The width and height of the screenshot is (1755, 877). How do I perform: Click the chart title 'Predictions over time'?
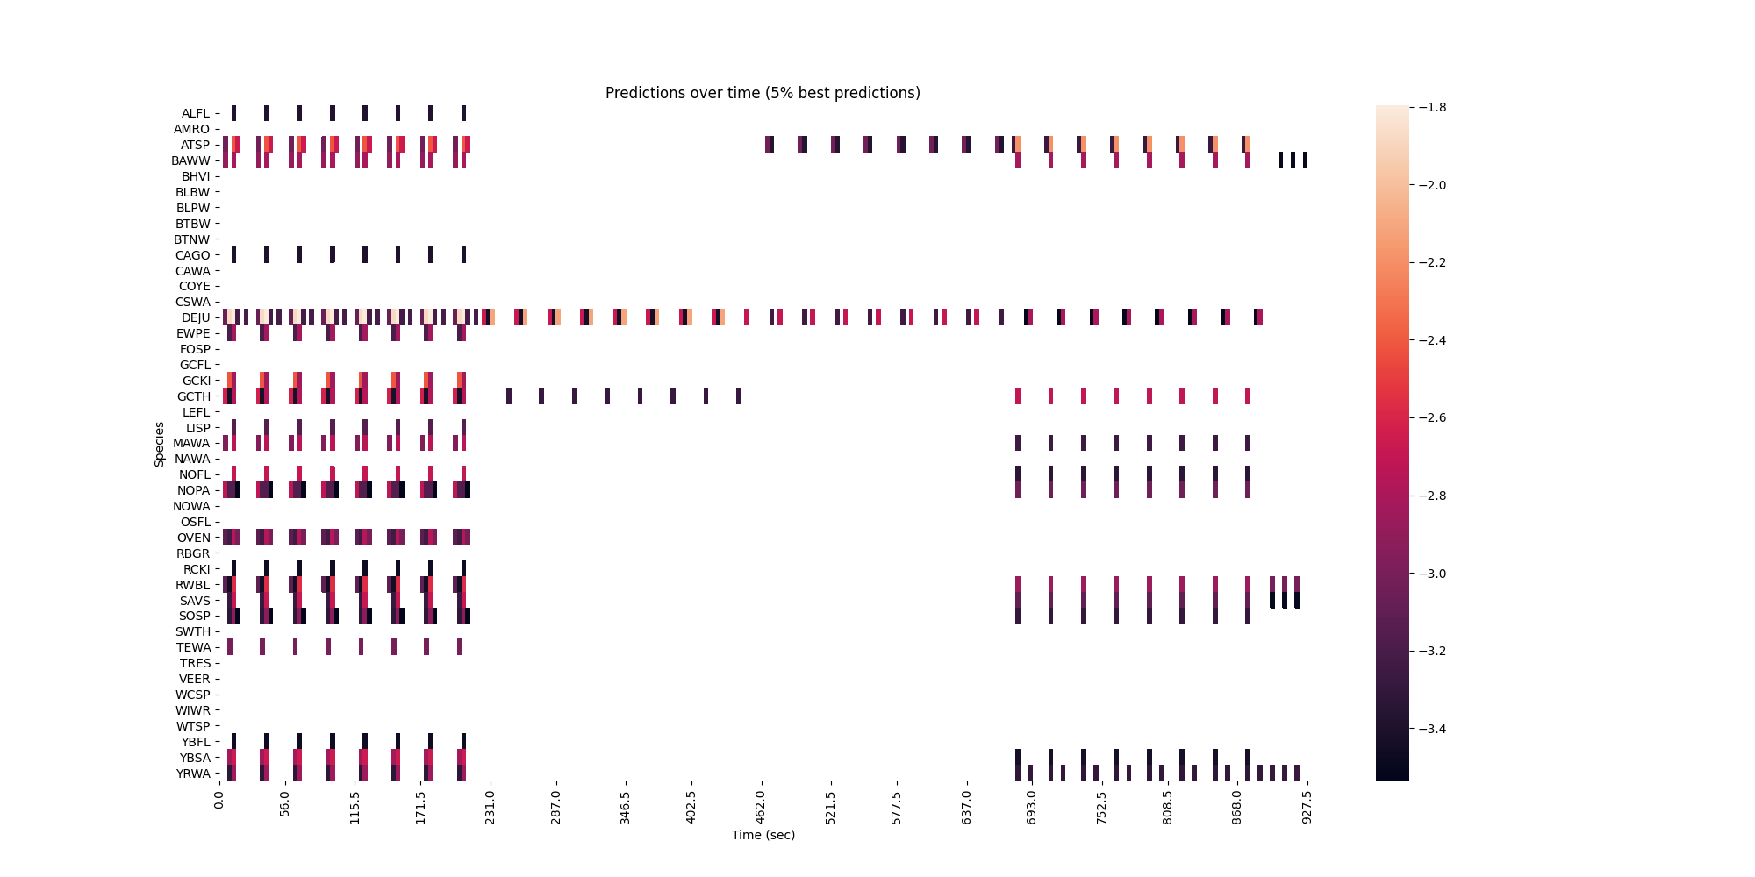coord(763,93)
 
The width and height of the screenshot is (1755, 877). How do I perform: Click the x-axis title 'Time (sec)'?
coord(763,835)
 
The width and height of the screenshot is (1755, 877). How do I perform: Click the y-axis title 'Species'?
coord(160,444)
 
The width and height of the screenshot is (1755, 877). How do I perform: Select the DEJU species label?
coord(196,317)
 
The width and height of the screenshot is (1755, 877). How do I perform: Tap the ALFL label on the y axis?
coord(196,113)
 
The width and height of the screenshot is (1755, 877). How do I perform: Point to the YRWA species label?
coord(193,774)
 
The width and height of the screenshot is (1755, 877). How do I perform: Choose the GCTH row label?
coord(194,396)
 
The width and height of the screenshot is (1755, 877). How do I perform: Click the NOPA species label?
coord(194,490)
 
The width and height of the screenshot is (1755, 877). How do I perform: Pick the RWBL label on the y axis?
coord(193,585)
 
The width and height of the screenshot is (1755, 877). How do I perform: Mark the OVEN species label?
coord(194,538)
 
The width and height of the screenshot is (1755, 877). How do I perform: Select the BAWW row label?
coord(190,160)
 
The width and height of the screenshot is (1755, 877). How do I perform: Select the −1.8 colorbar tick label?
coord(1429,107)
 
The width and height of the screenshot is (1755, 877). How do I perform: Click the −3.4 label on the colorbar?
coord(1429,729)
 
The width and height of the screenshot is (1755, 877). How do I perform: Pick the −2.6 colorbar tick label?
coord(1429,417)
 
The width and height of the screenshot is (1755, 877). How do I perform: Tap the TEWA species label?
coord(194,647)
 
